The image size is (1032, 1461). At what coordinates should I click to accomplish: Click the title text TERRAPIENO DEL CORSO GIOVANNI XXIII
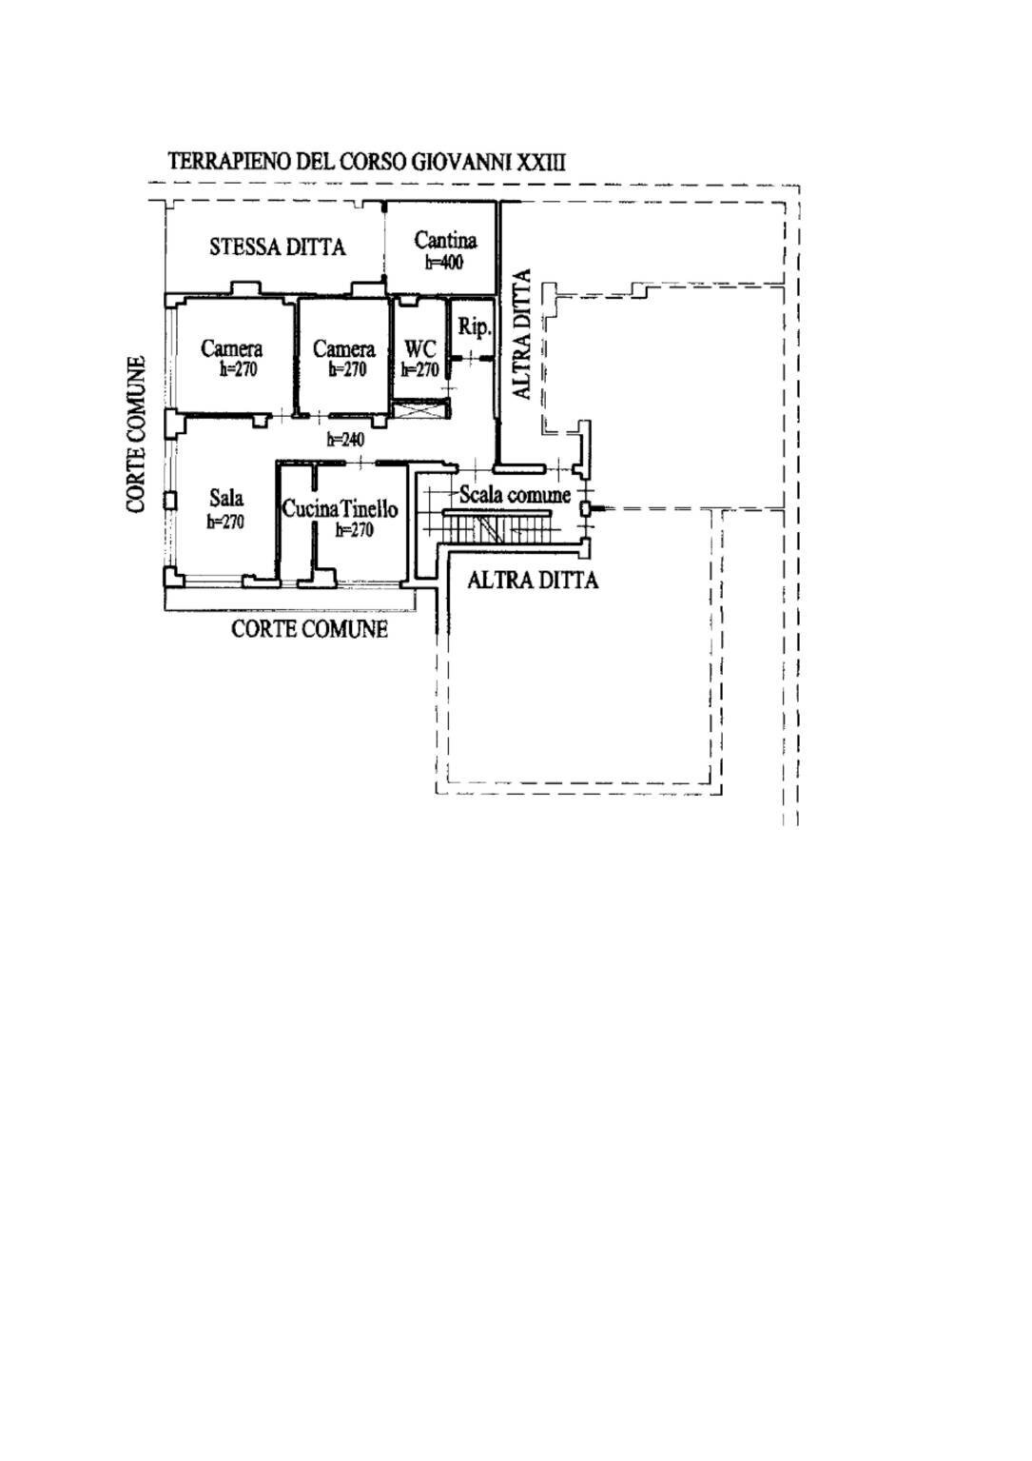coord(366,161)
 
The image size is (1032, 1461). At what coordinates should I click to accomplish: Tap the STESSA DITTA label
coord(277,247)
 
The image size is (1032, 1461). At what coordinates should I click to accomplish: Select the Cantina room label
coord(444,241)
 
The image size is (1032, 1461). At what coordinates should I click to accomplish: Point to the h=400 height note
coord(443,263)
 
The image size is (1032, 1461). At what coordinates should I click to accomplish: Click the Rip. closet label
coord(474,327)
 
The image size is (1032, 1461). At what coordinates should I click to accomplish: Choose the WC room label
coord(419,349)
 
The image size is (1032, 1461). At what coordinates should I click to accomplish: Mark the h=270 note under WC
coord(419,370)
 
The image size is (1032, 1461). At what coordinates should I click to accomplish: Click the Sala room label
coord(225,498)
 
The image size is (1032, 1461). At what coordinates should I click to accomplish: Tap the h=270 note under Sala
coord(225,522)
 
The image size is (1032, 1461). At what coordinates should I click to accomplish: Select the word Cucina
coord(310,509)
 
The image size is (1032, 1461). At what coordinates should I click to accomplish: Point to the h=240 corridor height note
coord(344,440)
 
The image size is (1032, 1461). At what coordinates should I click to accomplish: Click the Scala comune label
coord(515,495)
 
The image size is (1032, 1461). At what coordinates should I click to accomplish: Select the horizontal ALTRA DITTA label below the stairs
coord(533,581)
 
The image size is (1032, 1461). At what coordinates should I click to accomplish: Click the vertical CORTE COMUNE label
coord(137,434)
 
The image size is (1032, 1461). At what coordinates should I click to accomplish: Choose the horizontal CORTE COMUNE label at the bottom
coord(309,629)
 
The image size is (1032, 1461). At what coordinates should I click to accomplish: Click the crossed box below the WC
coord(418,410)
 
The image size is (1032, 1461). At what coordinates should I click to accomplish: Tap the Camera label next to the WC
coord(343,349)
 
